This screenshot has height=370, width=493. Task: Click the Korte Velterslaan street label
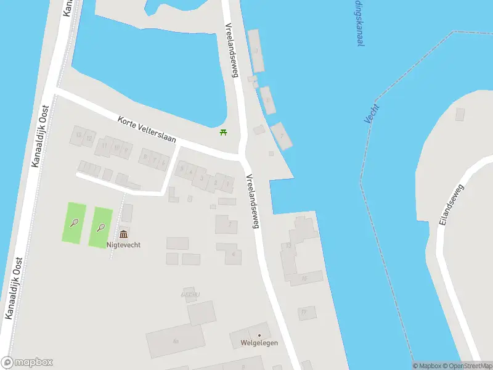pos(147,129)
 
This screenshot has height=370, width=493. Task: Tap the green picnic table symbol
pos(223,132)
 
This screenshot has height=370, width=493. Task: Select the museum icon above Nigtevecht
pos(124,234)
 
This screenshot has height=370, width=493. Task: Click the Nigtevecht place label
pos(124,245)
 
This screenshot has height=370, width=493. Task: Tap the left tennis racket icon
pos(75,222)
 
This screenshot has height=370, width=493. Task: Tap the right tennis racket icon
pos(100,227)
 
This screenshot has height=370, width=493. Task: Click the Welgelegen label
pos(259,343)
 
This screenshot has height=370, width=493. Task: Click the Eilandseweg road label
pos(450,204)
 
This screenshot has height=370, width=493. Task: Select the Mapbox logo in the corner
pos(27,363)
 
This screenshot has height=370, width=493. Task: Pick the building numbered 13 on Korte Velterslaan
pos(78,135)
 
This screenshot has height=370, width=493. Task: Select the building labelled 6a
pos(175,341)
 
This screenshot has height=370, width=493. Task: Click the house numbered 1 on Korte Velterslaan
pos(228,183)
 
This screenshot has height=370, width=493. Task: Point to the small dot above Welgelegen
pos(259,335)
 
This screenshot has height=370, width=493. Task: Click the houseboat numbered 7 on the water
pos(282,135)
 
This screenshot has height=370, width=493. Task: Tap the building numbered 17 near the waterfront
pos(303,313)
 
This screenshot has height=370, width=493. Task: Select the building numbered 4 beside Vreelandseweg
pos(234,253)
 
